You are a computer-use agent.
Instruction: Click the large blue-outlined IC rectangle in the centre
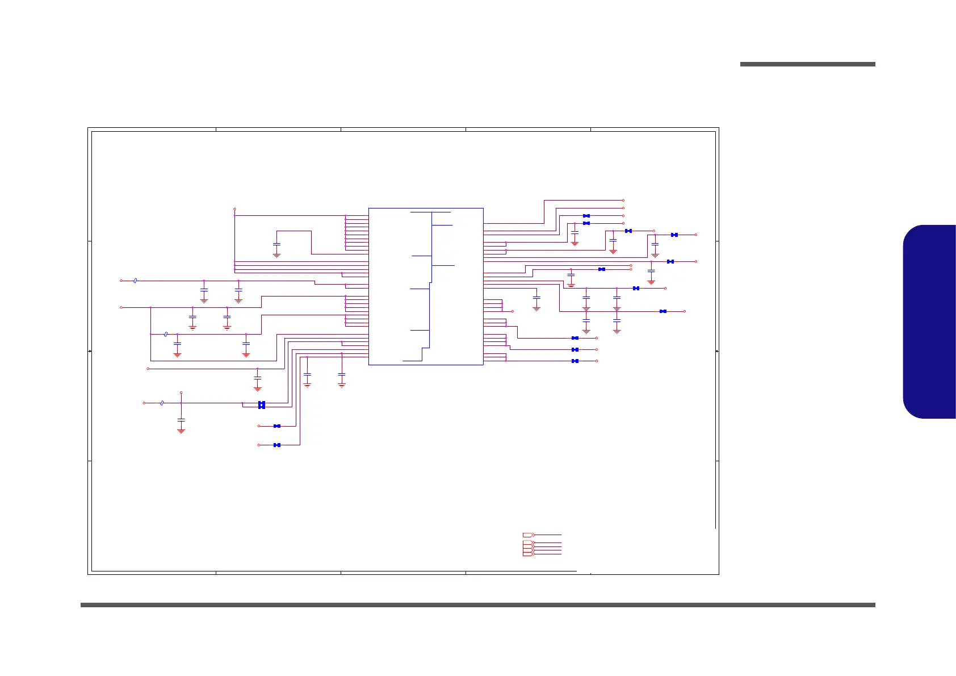pos(426,286)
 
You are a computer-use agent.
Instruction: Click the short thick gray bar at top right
pos(807,64)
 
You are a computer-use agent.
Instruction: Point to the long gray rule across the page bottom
pos(477,605)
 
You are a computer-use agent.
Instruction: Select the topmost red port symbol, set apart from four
pos(528,535)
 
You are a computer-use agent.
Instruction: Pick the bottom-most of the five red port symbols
pos(528,554)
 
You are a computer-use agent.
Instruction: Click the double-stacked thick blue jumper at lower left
pos(262,405)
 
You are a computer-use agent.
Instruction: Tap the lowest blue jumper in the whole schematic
pos(277,445)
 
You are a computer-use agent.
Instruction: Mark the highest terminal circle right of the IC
pos(623,201)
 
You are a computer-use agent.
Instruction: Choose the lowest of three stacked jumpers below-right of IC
pos(575,361)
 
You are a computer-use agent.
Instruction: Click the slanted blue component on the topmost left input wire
pos(135,281)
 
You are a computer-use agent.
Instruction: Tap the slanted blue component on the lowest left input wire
pos(162,403)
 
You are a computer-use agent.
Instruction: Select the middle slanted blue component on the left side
pos(165,334)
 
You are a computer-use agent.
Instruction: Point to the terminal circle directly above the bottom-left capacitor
pos(181,392)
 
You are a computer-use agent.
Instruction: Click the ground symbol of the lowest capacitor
pos(181,431)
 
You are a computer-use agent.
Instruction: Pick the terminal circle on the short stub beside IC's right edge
pos(512,311)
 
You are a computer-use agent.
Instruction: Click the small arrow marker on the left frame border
pos(90,352)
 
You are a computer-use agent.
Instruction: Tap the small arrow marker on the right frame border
pos(717,352)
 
